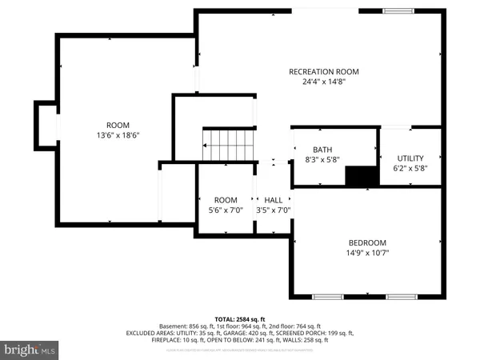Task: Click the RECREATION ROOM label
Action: coord(324,72)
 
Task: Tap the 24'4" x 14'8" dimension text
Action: coord(324,82)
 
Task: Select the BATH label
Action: coord(322,150)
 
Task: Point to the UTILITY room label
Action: coord(410,158)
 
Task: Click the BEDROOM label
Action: coord(367,243)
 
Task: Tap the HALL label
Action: coord(274,200)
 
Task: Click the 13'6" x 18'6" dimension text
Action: coord(118,134)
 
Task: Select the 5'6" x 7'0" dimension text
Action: coord(226,210)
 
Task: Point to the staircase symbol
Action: coord(227,147)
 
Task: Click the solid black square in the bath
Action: coord(361,175)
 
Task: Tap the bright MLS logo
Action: coord(30,350)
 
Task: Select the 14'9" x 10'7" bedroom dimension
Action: coord(367,253)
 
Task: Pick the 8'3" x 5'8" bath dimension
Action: coord(322,159)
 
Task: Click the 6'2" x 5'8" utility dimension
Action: coord(410,168)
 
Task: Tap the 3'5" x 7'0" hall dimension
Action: coord(274,210)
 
